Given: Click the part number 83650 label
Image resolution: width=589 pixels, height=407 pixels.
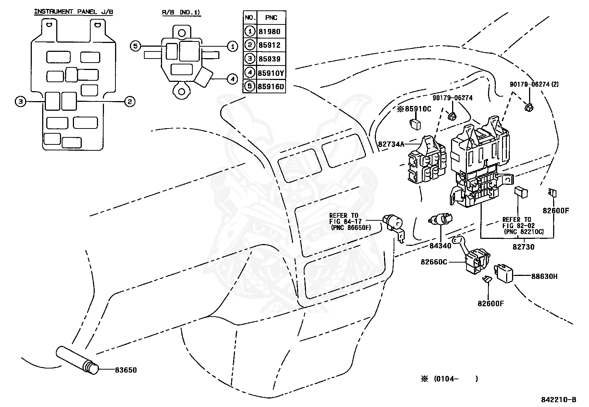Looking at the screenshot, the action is (x=126, y=370).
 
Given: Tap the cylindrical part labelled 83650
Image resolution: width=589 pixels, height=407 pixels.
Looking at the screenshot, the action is (x=77, y=360).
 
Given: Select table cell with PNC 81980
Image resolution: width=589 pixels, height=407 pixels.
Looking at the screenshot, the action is (x=269, y=31).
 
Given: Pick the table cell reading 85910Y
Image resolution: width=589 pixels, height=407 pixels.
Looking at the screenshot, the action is (x=271, y=73).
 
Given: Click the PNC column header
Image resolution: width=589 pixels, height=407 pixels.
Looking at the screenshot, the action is (x=271, y=18).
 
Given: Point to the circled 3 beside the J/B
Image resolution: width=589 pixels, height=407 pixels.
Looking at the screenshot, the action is (x=20, y=101).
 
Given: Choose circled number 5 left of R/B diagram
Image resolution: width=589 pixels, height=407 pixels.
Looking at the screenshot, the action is (x=135, y=46).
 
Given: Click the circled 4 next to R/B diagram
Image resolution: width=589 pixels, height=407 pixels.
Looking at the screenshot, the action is (x=232, y=79).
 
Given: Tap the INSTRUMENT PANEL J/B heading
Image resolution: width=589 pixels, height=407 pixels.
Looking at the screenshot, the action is (x=74, y=12).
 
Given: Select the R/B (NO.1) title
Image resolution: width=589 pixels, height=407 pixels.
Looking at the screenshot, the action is (x=181, y=12).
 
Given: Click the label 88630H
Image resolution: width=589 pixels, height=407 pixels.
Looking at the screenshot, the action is (x=544, y=276).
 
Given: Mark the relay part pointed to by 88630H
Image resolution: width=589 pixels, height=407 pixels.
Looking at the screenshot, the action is (x=504, y=273).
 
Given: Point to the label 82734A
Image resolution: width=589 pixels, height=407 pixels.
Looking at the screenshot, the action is (x=391, y=144).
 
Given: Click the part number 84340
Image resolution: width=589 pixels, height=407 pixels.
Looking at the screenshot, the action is (x=440, y=246).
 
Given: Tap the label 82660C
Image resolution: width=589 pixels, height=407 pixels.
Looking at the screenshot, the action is (x=434, y=262).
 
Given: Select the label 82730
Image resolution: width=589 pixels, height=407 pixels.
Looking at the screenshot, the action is (x=524, y=247).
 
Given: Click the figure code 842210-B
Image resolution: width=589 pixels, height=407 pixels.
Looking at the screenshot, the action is (x=559, y=400).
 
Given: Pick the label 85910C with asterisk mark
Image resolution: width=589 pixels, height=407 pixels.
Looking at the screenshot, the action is (x=414, y=109).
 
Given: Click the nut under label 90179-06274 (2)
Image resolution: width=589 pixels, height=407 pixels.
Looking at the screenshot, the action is (x=529, y=107).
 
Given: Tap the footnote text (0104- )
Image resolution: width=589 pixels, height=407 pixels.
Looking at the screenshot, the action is (x=456, y=379).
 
